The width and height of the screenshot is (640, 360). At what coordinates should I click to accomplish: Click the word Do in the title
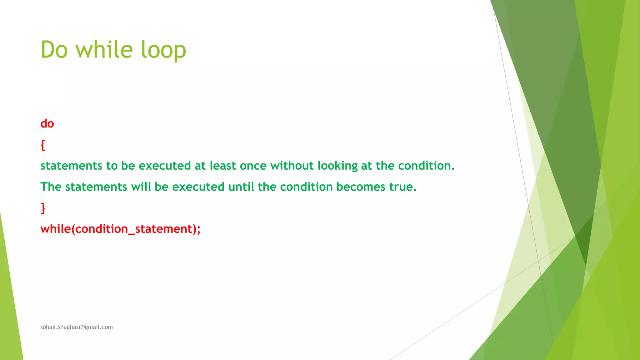54,50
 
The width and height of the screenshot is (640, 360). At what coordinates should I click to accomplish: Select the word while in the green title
104,50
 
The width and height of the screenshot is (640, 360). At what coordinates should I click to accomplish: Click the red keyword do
47,124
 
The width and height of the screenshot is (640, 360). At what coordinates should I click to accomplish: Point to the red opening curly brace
43,145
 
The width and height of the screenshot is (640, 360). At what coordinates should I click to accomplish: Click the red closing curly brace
43,208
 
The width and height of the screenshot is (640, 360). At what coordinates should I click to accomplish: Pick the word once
253,166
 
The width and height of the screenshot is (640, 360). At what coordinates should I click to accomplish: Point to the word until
241,187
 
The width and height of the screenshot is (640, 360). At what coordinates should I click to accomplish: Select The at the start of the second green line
51,187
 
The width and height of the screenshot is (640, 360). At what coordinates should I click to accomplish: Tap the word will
141,187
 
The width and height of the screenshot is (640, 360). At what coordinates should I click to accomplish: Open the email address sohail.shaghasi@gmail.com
77,327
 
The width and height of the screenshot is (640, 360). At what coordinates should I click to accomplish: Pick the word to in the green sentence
112,166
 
